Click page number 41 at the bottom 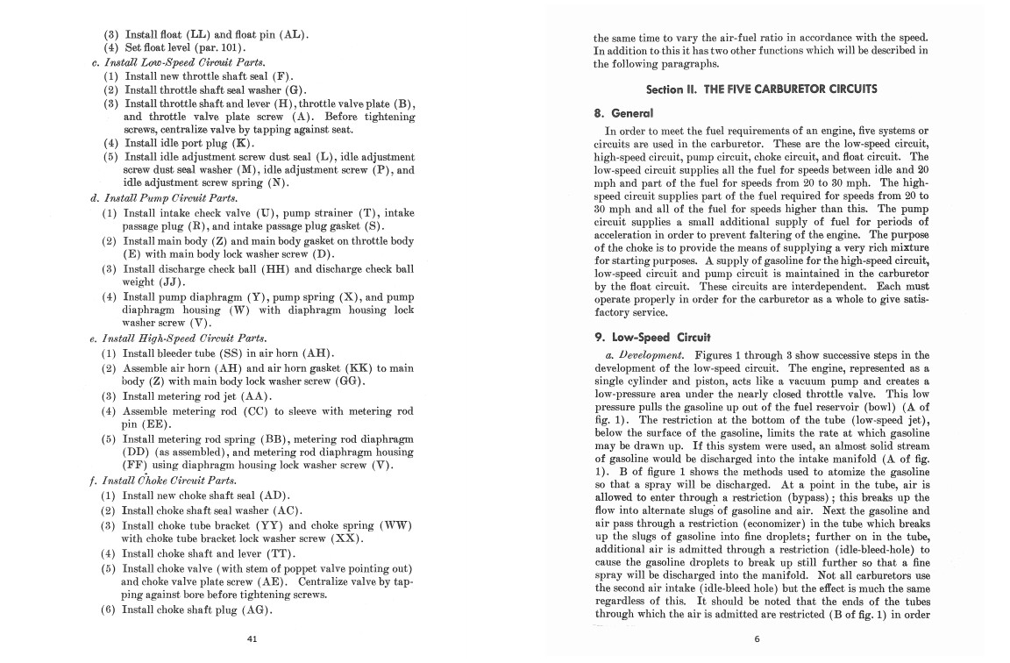252,638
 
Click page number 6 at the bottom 757,638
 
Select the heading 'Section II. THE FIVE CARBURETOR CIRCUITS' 761,89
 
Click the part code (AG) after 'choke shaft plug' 254,610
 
